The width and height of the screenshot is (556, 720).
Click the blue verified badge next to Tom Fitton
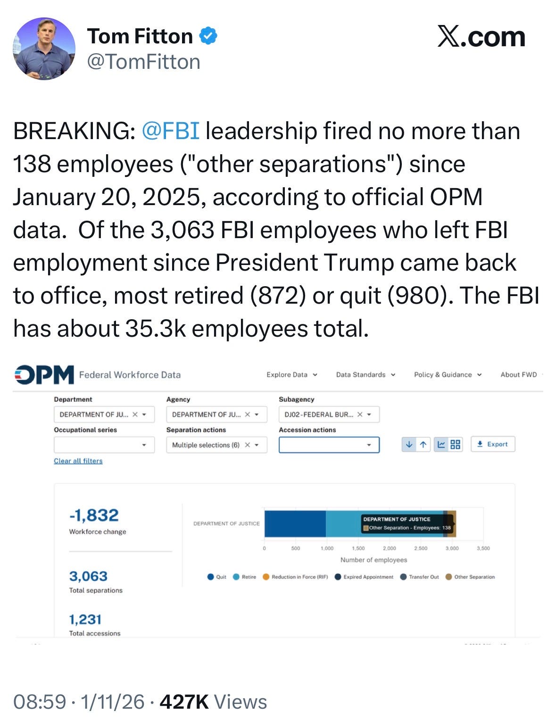click(x=209, y=36)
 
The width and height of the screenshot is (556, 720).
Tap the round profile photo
click(x=44, y=49)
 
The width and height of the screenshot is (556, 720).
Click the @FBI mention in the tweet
click(x=170, y=131)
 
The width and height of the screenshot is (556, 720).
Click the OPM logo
click(x=44, y=375)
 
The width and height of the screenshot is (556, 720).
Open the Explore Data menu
click(x=291, y=375)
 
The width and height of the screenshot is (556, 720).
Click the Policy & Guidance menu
click(x=448, y=375)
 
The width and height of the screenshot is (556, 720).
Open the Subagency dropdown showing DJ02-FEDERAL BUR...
click(x=329, y=414)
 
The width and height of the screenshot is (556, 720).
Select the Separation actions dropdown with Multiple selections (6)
click(x=216, y=445)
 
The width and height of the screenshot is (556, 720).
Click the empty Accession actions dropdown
click(x=329, y=445)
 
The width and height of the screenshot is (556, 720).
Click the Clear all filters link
click(x=78, y=461)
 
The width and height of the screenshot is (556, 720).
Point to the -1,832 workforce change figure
click(x=94, y=515)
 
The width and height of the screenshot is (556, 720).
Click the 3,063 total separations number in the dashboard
click(x=88, y=576)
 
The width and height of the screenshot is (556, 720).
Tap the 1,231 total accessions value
click(x=85, y=620)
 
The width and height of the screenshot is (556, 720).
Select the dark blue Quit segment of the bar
click(x=295, y=523)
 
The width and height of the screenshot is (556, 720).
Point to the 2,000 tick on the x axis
click(x=390, y=548)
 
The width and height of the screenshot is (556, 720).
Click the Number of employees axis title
click(x=373, y=560)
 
